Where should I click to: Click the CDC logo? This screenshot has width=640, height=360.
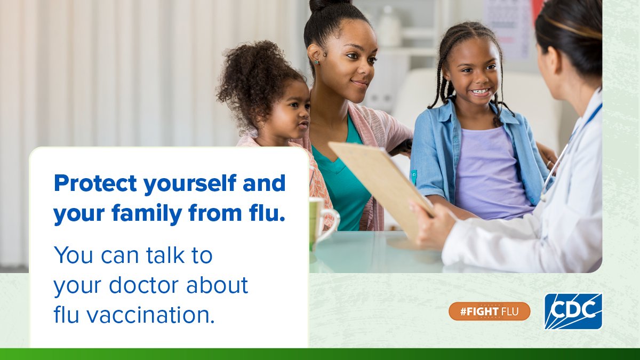(573, 311)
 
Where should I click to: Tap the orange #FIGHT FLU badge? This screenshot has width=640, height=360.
(489, 311)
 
